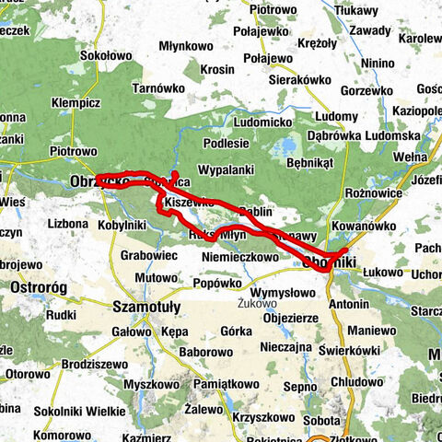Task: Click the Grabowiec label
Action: pos(148,256)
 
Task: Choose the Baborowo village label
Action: pos(204,352)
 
